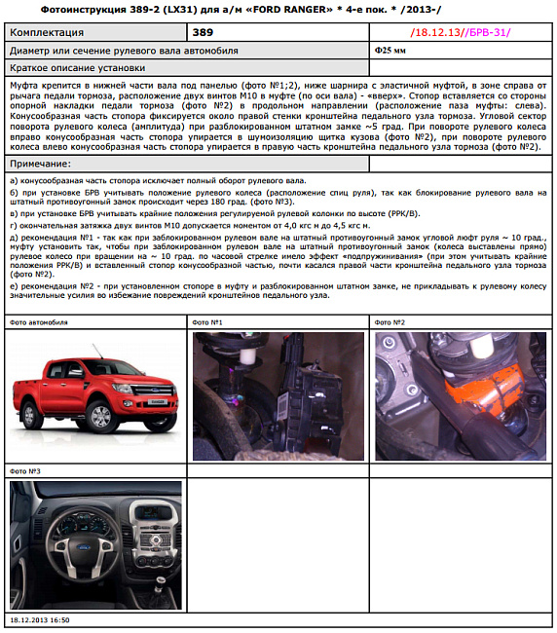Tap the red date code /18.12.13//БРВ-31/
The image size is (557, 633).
pos(460,32)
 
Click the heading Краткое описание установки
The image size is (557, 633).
pos(77,68)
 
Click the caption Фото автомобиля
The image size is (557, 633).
pos(38,321)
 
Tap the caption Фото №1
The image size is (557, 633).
pos(209,321)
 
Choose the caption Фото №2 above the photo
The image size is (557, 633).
pos(390,321)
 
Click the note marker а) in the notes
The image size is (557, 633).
pos(13,181)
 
